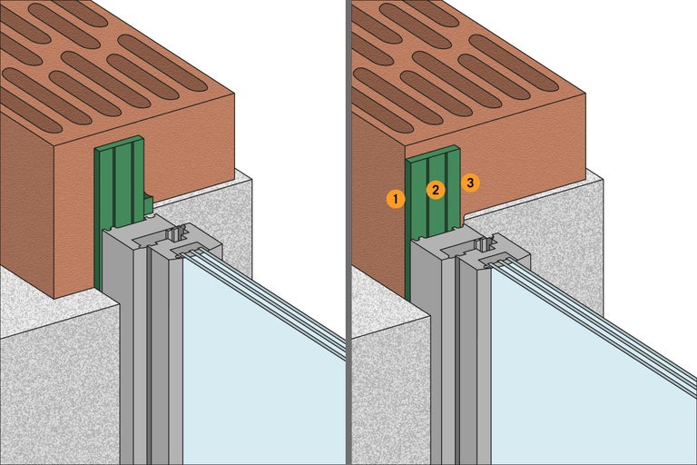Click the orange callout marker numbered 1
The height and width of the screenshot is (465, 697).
point(395,197)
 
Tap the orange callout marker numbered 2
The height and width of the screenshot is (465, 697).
point(435,190)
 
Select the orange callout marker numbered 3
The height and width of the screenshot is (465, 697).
point(470,183)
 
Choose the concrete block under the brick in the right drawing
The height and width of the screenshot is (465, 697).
point(386,391)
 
